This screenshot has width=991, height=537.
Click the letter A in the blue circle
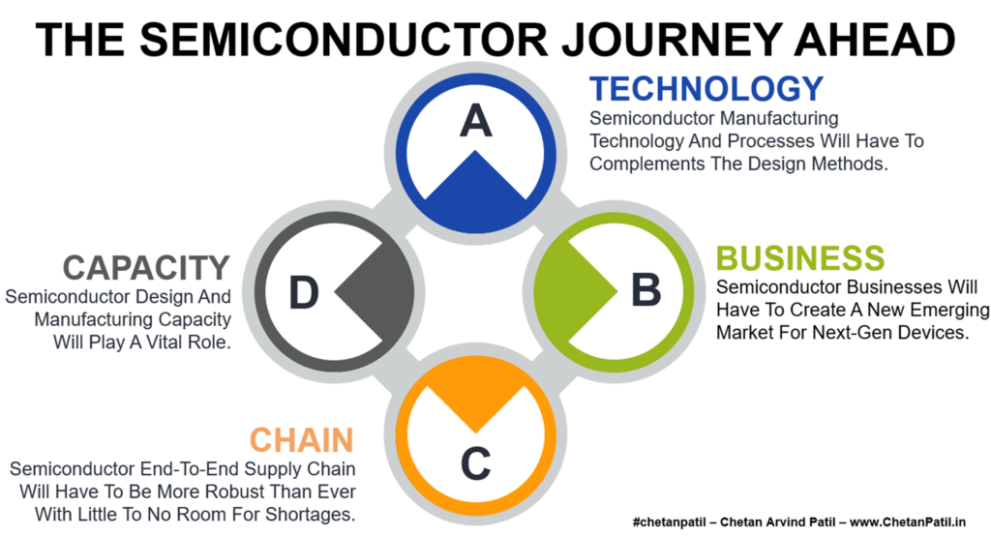click(475, 121)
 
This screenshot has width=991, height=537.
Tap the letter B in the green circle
click(646, 290)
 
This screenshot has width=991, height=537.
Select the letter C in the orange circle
click(475, 463)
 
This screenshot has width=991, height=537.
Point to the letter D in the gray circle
click(303, 292)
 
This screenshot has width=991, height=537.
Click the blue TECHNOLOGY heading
click(706, 88)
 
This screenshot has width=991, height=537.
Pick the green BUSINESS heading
click(800, 257)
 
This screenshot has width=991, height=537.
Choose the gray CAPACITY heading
click(146, 267)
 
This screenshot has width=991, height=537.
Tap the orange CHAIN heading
click(302, 439)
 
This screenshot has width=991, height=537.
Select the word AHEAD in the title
click(875, 40)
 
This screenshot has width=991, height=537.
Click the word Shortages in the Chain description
click(310, 514)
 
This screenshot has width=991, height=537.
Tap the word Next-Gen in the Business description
click(852, 332)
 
